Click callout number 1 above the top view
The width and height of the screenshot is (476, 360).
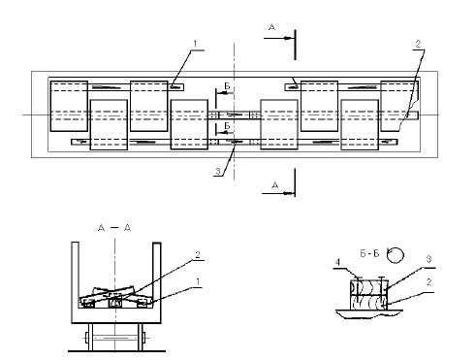195,44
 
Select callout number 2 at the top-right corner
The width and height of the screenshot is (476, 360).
418,44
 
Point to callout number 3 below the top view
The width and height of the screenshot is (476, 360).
218,172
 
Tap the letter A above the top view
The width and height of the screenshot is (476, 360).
272,27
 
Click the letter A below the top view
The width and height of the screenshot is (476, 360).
275,185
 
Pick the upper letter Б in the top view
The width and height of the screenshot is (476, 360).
227,86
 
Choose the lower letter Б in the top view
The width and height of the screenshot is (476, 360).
227,125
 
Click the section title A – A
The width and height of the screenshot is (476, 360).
114,228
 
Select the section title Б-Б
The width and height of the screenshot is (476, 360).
369,253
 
